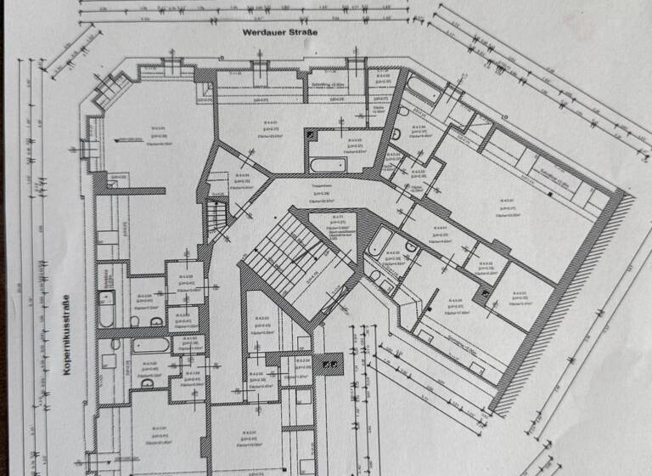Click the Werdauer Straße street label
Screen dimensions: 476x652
pyautogui.click(x=279, y=34)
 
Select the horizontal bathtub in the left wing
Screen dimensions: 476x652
pyautogui.click(x=151, y=345)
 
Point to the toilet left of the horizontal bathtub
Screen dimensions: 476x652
pyautogui.click(x=115, y=345)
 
